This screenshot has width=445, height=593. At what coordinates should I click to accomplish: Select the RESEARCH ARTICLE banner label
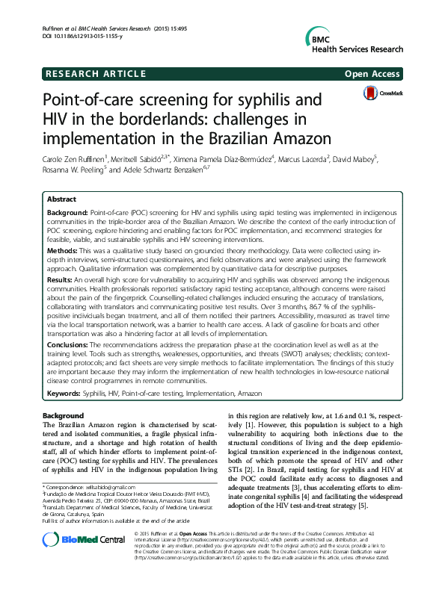[95, 74]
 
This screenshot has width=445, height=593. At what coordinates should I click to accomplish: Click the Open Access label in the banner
[374, 74]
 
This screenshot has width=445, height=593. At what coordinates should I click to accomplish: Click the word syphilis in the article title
[250, 102]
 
